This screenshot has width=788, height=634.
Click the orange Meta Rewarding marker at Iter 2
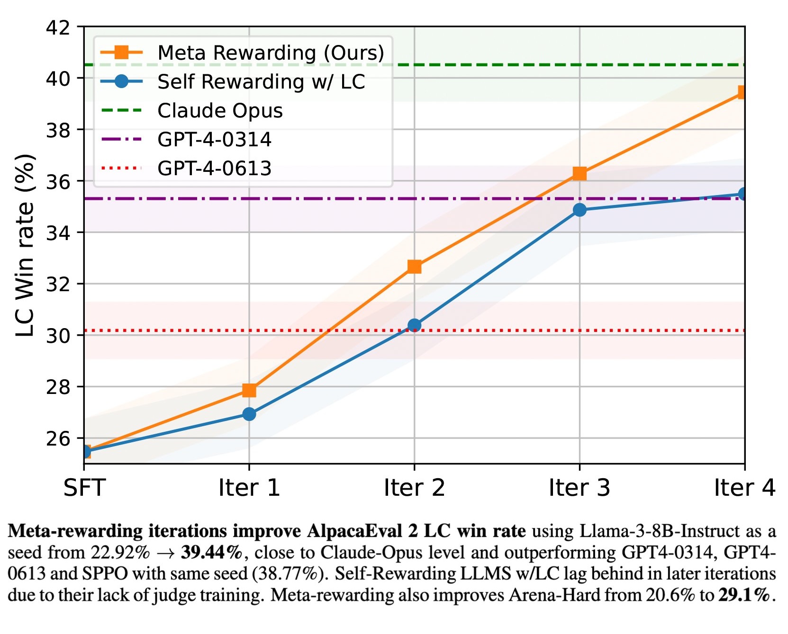pyautogui.click(x=414, y=267)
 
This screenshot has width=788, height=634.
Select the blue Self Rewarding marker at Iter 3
pyautogui.click(x=579, y=210)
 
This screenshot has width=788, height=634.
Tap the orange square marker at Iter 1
pyautogui.click(x=249, y=390)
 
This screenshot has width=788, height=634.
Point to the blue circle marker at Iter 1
pyautogui.click(x=249, y=414)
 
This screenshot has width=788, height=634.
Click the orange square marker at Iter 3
pyautogui.click(x=579, y=174)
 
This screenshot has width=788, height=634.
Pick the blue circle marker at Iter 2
pyautogui.click(x=414, y=325)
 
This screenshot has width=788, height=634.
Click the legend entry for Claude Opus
pyautogui.click(x=220, y=111)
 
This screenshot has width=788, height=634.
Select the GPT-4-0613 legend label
pyautogui.click(x=214, y=169)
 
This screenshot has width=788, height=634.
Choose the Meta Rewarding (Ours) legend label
pyautogui.click(x=271, y=53)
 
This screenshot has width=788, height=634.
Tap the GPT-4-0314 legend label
pyautogui.click(x=214, y=140)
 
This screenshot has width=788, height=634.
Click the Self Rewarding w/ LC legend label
pyautogui.click(x=261, y=82)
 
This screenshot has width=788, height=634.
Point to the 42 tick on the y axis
pyautogui.click(x=58, y=27)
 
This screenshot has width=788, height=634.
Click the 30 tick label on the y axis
pyautogui.click(x=58, y=336)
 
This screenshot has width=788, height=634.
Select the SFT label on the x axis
pyautogui.click(x=84, y=488)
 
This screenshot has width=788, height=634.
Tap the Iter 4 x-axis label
pyautogui.click(x=744, y=488)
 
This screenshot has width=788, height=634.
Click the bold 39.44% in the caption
pyautogui.click(x=211, y=552)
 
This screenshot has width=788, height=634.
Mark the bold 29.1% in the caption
pyautogui.click(x=744, y=595)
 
